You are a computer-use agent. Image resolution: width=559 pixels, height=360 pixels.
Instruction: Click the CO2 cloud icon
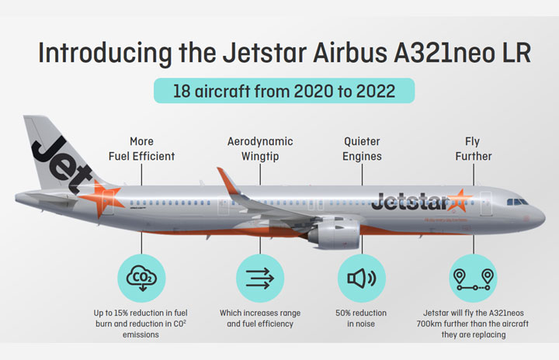[142, 278]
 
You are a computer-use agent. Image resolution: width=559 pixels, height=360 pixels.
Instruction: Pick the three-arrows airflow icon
[260, 278]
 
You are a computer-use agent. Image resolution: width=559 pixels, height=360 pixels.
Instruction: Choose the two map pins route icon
[473, 278]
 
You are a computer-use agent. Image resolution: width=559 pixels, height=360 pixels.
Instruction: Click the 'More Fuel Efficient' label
[141, 149]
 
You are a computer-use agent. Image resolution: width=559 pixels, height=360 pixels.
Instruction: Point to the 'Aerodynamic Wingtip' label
[260, 149]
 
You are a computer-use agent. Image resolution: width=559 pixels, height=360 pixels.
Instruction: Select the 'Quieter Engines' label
[363, 149]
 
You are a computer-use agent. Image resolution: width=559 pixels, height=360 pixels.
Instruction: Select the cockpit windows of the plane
[516, 202]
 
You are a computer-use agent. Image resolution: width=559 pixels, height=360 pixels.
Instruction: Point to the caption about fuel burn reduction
[142, 324]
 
